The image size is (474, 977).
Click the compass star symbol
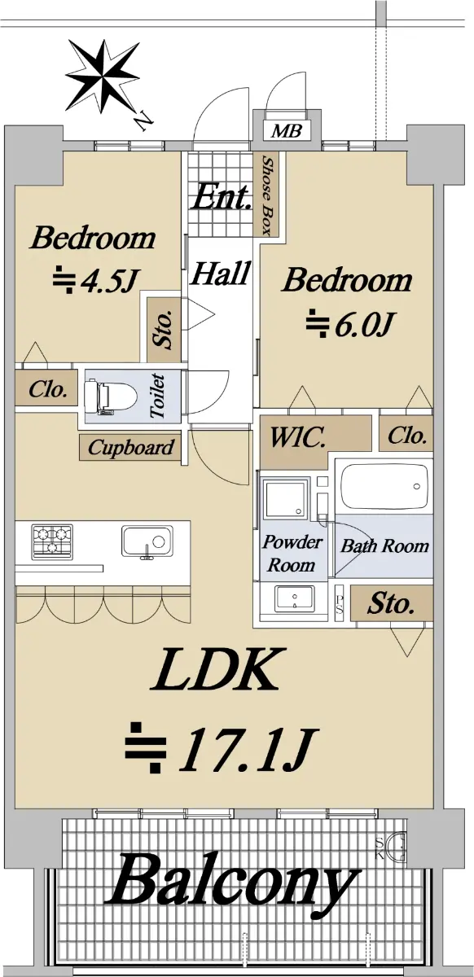(103, 76)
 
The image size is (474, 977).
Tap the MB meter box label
(287, 130)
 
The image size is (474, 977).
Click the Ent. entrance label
(222, 197)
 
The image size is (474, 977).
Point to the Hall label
(222, 274)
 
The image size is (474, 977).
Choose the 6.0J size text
(349, 323)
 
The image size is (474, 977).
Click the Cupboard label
(130, 448)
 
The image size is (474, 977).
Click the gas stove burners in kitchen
(52, 541)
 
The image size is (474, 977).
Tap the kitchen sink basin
(147, 541)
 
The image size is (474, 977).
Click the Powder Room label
(292, 553)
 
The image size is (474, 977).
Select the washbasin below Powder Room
(294, 599)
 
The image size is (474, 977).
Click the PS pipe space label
(340, 604)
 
